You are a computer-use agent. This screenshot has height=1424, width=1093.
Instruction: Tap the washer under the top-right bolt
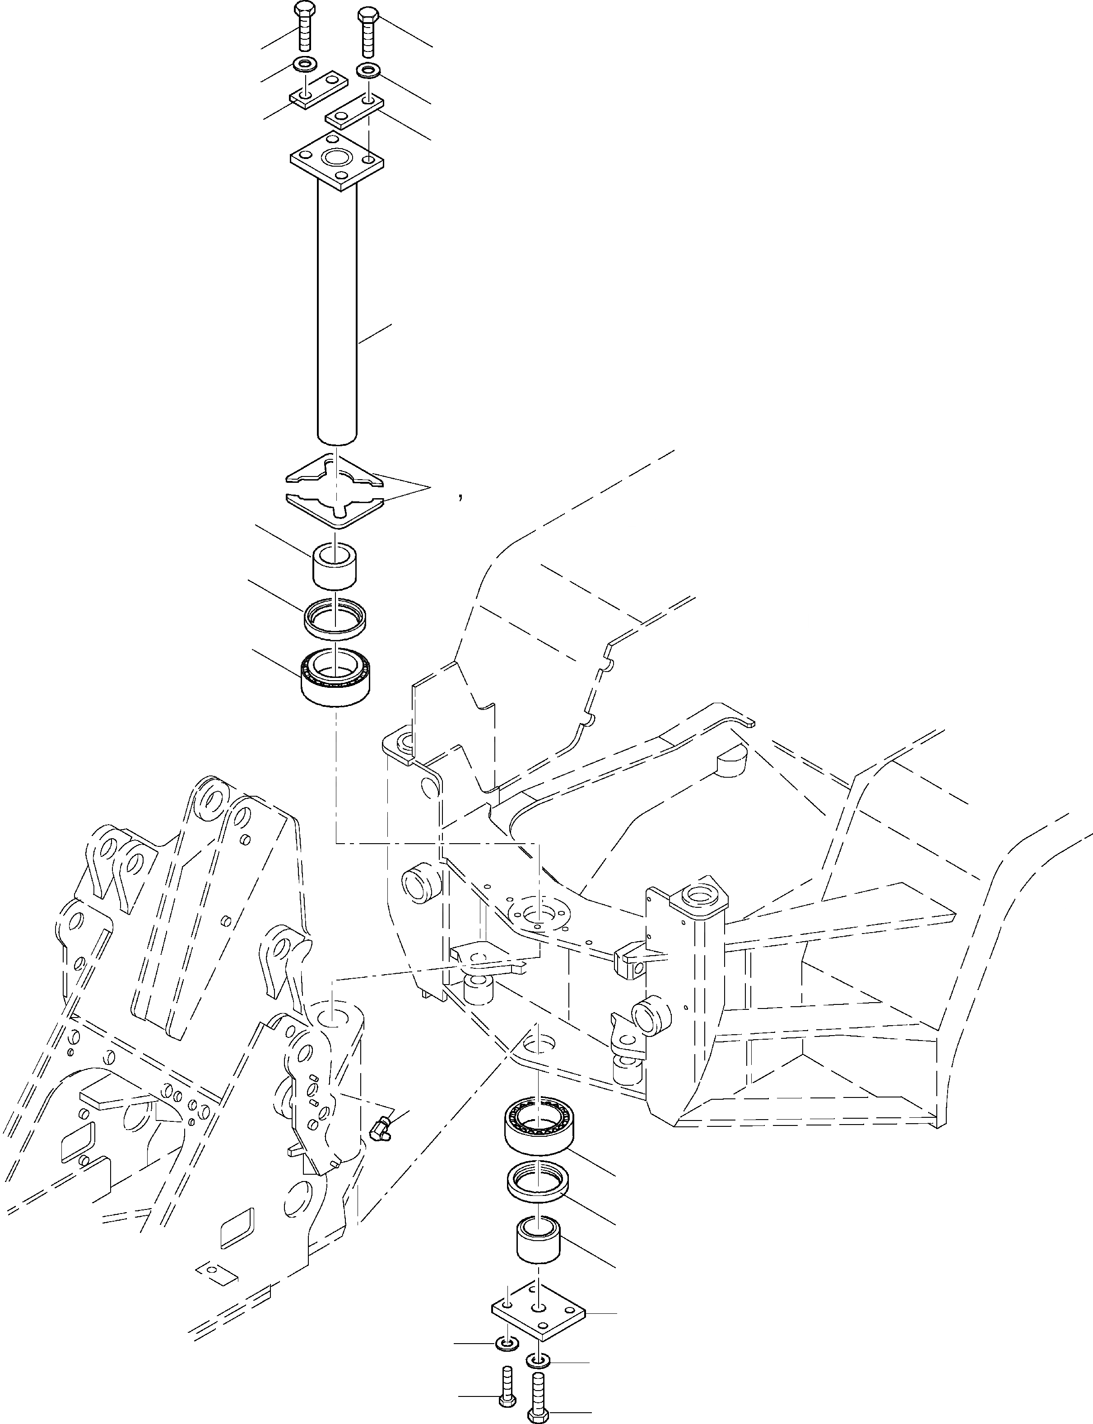tap(368, 70)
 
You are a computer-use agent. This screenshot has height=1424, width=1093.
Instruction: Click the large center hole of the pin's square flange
tap(336, 158)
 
